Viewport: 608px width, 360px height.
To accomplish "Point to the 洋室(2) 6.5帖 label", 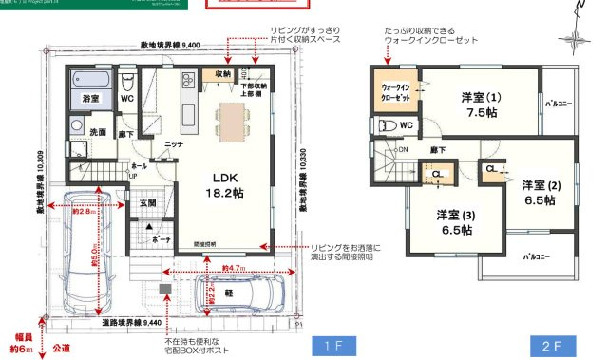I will click(541, 193).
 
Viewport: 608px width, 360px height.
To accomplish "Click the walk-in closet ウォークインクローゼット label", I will click(394, 92).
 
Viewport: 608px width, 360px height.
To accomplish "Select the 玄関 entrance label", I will click(148, 202).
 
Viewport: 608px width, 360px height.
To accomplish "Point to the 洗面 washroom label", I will click(98, 132).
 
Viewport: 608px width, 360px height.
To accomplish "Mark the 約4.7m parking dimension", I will click(234, 269).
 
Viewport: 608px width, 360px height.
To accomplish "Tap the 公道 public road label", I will click(63, 349).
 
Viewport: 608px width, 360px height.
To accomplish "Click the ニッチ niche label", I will click(173, 144).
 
